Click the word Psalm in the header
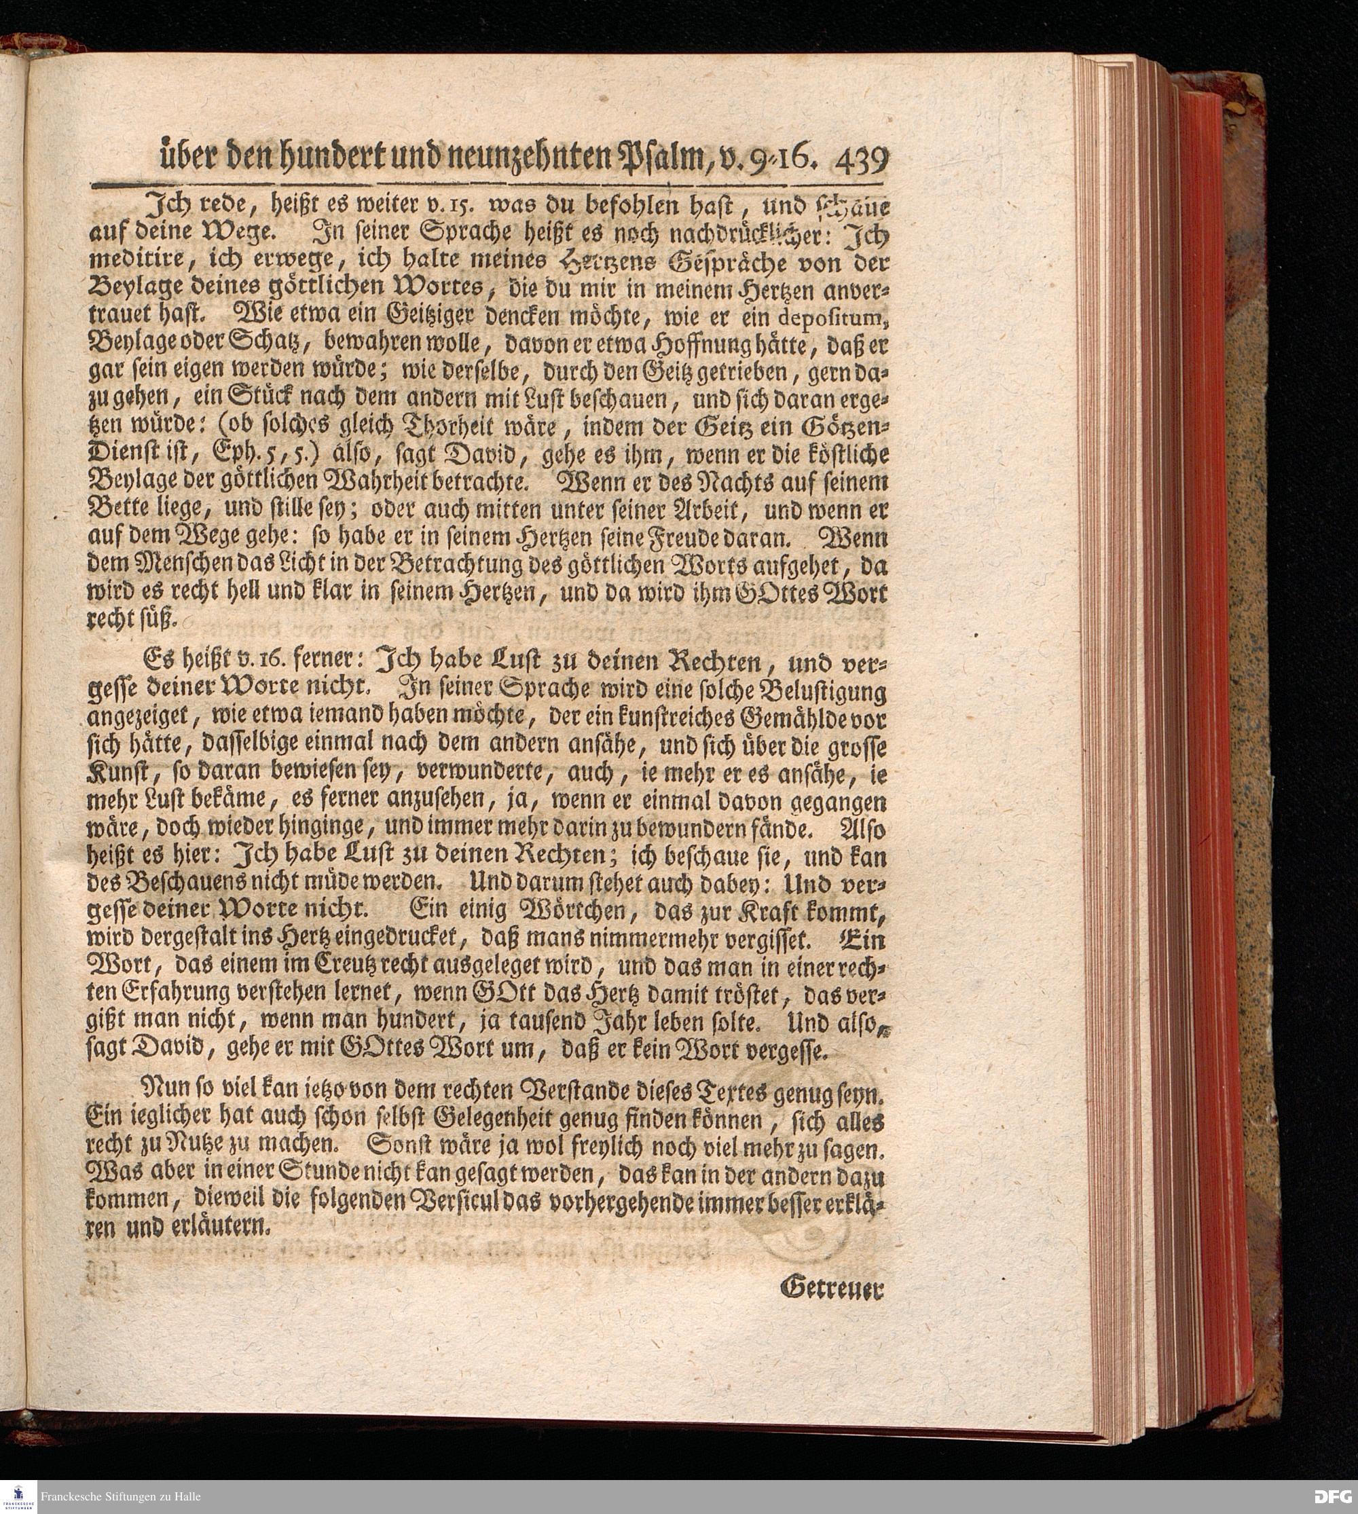coord(663,159)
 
